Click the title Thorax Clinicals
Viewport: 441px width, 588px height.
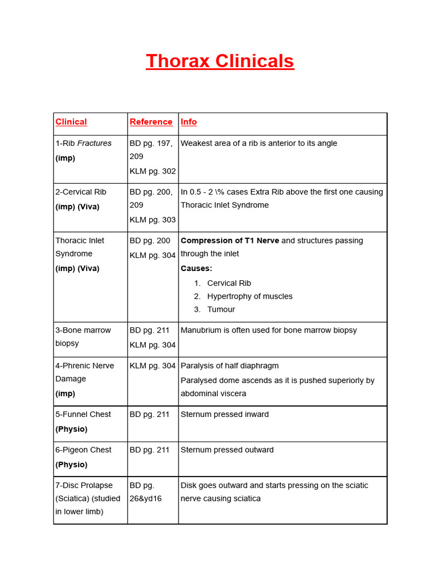220,61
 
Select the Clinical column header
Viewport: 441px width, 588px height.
71,122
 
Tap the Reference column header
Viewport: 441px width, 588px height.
151,122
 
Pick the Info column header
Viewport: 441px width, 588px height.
188,122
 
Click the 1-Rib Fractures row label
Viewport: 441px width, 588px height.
83,143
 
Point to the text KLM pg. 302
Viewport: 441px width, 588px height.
153,171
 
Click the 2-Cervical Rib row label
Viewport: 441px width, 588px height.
81,192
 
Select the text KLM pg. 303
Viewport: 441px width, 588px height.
153,219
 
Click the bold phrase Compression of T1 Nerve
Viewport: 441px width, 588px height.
230,241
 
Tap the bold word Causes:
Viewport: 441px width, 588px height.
196,268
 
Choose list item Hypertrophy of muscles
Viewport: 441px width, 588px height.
250,296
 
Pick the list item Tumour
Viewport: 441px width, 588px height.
221,310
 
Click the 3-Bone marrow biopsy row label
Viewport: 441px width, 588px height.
83,336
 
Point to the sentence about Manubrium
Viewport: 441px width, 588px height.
269,330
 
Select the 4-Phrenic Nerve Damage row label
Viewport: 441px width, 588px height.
84,372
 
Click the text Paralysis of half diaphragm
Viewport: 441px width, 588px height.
230,366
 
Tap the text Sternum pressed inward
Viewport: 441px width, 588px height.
225,414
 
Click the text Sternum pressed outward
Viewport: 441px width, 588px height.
227,450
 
